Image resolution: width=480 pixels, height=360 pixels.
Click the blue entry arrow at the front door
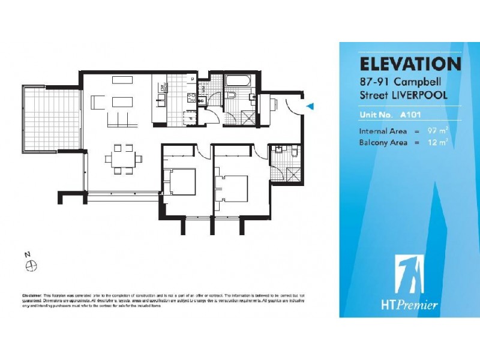click(x=310, y=106)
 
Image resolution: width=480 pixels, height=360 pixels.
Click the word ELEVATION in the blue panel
click(x=410, y=64)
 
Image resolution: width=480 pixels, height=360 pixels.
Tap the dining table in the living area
click(x=124, y=159)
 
